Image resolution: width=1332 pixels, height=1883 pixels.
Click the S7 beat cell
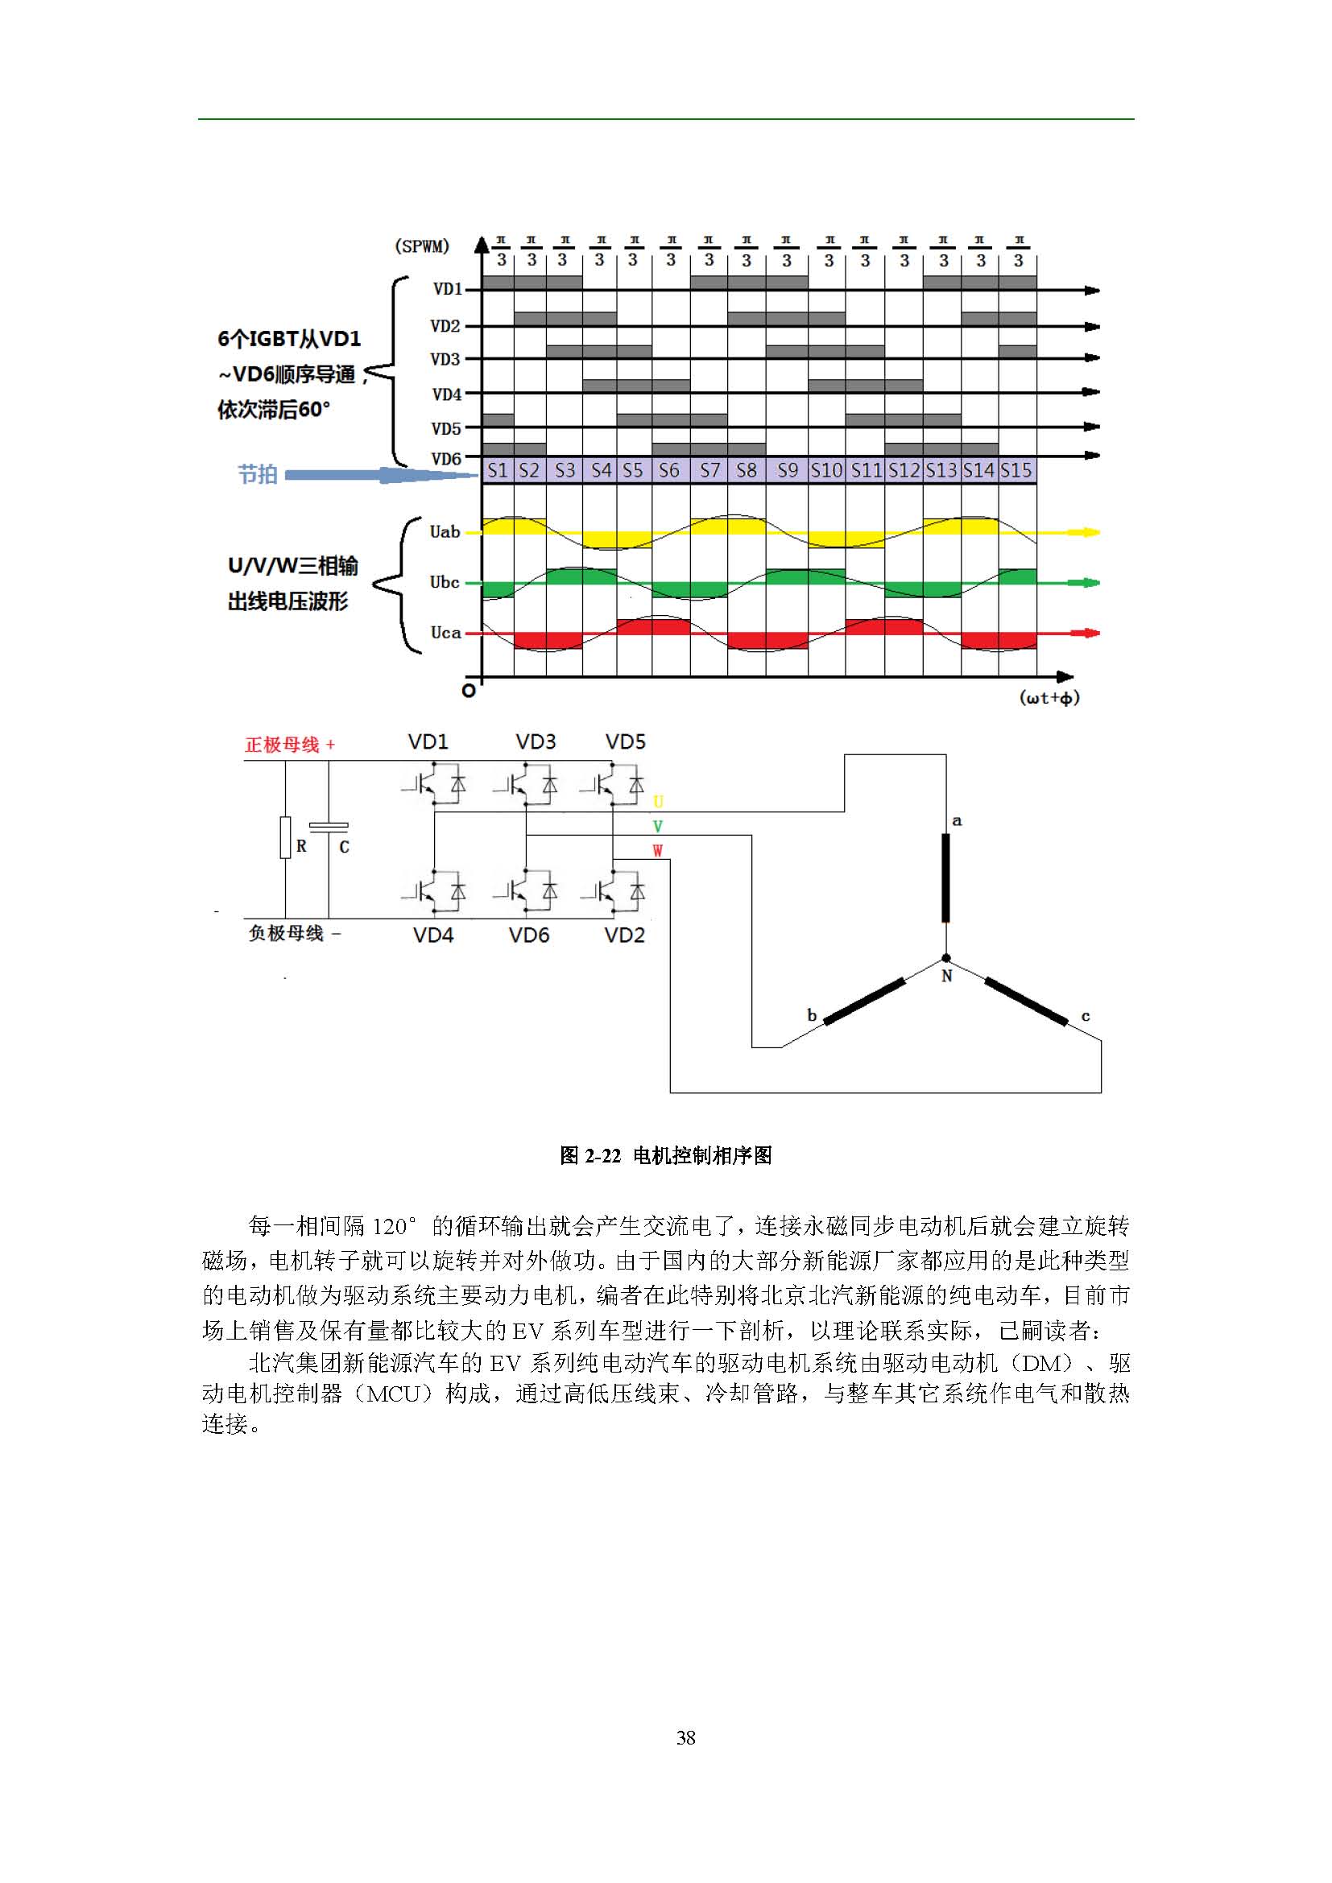[709, 471]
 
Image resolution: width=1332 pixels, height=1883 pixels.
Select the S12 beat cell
[904, 471]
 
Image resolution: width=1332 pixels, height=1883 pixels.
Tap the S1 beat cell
[497, 471]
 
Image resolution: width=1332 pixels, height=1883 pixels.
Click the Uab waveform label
[445, 532]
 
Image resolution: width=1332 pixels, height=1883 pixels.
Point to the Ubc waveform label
[445, 582]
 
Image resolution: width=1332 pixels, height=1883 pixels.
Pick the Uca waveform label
[445, 632]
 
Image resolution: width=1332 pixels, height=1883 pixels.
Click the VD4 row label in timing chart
[447, 394]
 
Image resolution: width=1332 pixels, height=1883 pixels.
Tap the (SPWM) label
[421, 246]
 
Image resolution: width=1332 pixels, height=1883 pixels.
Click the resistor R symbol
[285, 836]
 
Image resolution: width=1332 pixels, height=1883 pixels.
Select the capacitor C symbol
[329, 827]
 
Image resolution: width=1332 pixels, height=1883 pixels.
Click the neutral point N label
[946, 976]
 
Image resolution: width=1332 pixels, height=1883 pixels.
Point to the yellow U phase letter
[658, 802]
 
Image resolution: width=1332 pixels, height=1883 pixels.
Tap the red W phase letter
[658, 851]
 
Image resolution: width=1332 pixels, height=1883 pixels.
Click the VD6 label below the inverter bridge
[529, 935]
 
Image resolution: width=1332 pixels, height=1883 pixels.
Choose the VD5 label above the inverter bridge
[625, 742]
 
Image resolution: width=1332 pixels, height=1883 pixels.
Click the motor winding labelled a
[945, 878]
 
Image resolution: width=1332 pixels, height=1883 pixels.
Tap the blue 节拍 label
[258, 474]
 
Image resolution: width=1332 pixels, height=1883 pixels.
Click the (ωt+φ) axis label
[1049, 698]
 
